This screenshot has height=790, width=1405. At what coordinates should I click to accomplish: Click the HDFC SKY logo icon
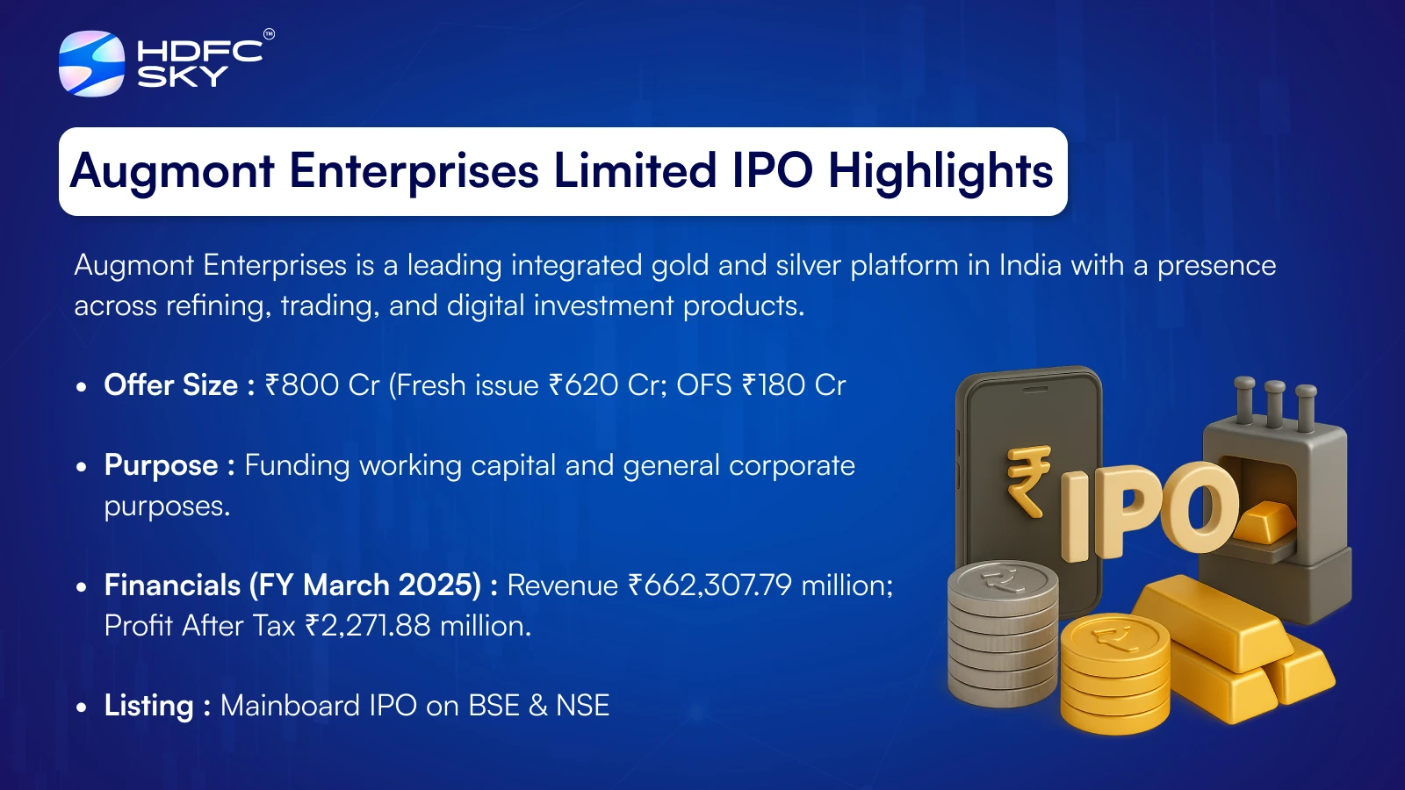click(91, 63)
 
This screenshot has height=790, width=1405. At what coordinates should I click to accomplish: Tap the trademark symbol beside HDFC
click(269, 34)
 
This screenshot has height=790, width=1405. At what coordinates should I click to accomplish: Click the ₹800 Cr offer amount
click(322, 385)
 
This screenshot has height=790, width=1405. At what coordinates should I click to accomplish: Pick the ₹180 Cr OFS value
click(794, 385)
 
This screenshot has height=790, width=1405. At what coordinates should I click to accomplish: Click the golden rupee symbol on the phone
click(1028, 481)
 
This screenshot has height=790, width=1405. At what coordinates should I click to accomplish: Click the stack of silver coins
click(1002, 633)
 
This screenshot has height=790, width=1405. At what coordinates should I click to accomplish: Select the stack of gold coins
click(1114, 672)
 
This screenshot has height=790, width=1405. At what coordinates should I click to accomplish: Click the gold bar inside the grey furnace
click(1263, 521)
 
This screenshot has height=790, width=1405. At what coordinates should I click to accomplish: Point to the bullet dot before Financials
click(81, 587)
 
